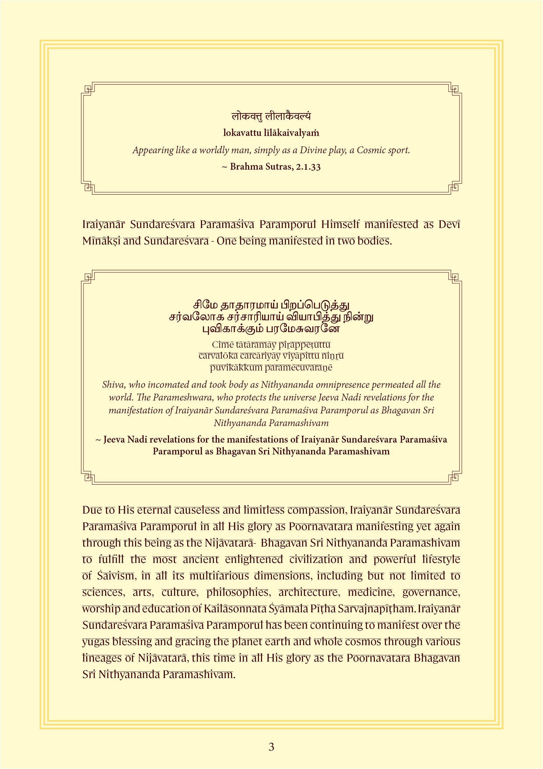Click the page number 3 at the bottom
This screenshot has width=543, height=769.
(x=271, y=747)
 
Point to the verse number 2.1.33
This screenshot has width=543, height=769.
(x=308, y=166)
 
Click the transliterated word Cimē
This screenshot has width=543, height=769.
(x=222, y=344)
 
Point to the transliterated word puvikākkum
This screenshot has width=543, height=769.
(x=236, y=367)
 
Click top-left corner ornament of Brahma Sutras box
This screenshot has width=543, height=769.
(x=88, y=89)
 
